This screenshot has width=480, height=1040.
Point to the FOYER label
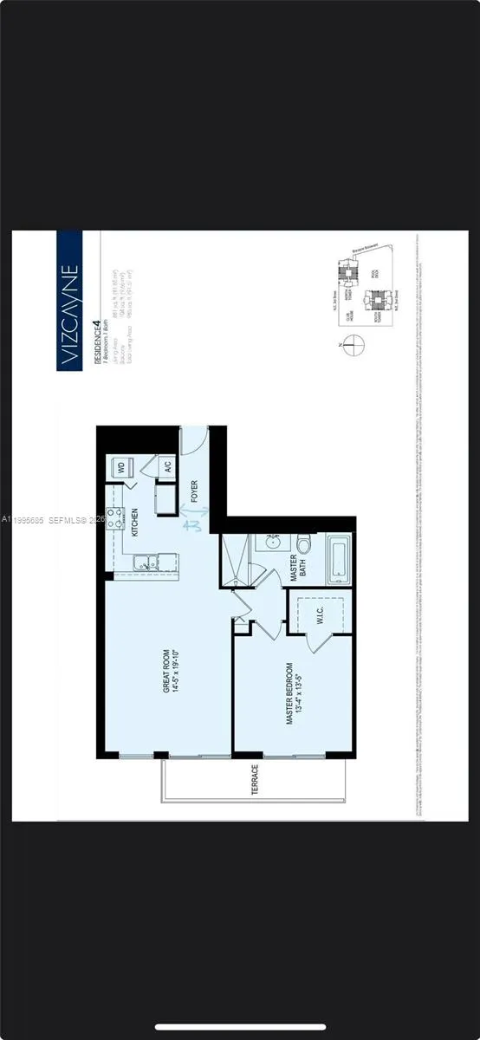(x=195, y=492)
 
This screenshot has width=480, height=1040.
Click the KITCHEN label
(x=135, y=523)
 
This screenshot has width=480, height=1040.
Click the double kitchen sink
(x=146, y=563)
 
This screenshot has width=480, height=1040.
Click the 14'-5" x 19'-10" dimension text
(x=172, y=670)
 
